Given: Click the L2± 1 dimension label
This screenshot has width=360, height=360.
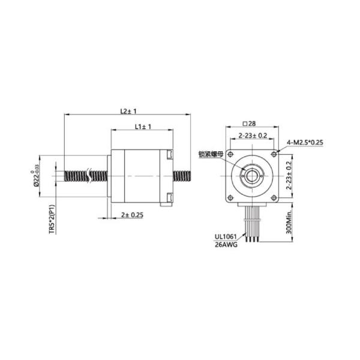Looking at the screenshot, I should coord(128,111).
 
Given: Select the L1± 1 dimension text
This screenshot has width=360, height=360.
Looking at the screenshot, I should coord(142,127).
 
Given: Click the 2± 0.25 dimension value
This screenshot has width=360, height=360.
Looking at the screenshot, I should coord(131,215).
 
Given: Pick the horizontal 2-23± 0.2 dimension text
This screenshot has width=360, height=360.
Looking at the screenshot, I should coord(253,135).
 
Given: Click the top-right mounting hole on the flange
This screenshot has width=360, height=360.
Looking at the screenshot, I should coord(273,155).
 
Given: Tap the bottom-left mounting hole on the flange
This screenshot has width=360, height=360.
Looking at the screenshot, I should coord(231,197).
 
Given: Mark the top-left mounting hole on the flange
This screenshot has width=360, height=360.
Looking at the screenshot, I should coord(231,155).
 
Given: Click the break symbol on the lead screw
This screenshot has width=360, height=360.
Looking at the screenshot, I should coord(91,176).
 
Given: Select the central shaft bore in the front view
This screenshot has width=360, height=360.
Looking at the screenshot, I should coord(252,176).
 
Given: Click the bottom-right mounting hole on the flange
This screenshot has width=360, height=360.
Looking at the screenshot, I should coord(273,197).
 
